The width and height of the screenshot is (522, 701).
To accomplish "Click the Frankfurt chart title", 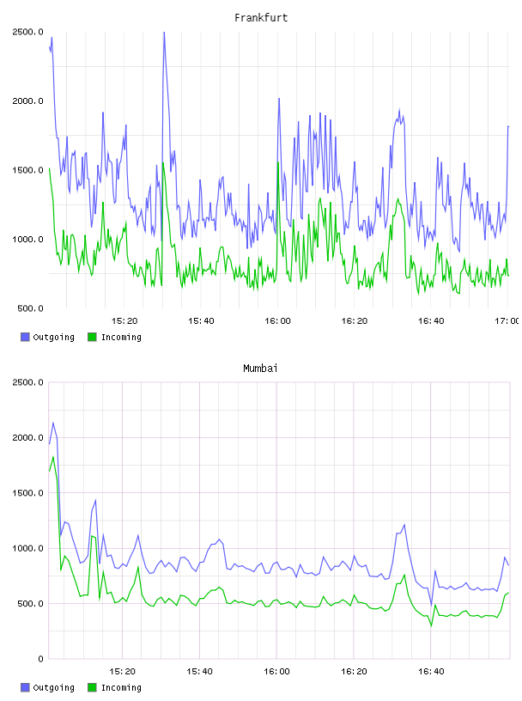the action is [261, 18].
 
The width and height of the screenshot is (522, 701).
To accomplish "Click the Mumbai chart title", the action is [260, 369].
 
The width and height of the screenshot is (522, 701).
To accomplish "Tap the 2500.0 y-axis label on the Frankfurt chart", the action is [27, 32].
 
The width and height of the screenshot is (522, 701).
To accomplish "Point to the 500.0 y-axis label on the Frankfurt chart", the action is [30, 308].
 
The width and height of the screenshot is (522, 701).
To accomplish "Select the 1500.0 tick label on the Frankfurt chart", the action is [27, 170].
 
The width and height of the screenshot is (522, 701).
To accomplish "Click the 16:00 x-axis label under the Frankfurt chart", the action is [277, 321].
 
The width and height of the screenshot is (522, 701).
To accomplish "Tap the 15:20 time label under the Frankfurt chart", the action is [124, 321].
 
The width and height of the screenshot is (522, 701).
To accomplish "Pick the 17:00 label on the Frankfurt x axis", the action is [507, 321].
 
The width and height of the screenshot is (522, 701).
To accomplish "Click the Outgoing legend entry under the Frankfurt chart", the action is [47, 337].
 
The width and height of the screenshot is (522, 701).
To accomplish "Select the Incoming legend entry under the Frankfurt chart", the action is [114, 337].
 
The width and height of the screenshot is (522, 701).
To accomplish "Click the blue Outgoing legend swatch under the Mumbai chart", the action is [25, 687].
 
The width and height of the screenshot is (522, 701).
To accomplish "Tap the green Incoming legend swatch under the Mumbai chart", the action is [92, 687].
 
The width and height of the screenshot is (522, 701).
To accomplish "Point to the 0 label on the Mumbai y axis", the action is [40, 659].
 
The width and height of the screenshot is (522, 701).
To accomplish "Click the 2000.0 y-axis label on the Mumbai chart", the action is [27, 437].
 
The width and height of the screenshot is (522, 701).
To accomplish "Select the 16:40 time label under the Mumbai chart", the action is [431, 672].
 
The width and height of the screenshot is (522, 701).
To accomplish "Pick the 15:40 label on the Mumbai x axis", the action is [199, 672].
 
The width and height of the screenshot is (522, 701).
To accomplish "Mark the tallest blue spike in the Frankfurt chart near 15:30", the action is [164, 33].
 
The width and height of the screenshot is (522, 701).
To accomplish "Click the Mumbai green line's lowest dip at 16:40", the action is [431, 625].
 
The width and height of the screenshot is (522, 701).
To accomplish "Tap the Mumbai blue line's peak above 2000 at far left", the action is [53, 423].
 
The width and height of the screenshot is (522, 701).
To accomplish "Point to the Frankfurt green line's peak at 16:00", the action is [278, 162].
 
